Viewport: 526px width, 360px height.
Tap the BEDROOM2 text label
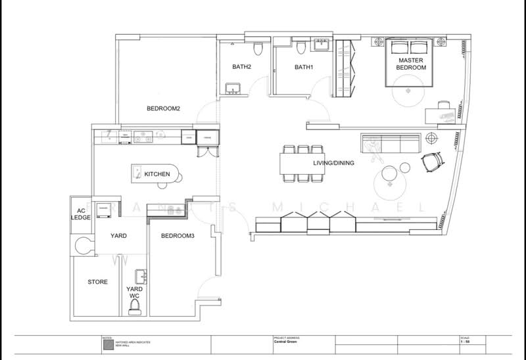163,108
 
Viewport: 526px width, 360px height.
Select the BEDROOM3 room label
177,235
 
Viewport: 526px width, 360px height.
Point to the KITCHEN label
157,174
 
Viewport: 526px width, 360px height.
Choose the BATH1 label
304,67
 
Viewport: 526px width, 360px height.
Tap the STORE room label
98,282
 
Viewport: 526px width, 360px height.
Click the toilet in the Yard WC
136,310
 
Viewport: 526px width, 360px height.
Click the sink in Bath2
232,89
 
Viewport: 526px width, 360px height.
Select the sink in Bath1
322,45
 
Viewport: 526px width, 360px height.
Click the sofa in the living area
390,142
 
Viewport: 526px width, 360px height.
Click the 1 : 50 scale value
464,342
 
